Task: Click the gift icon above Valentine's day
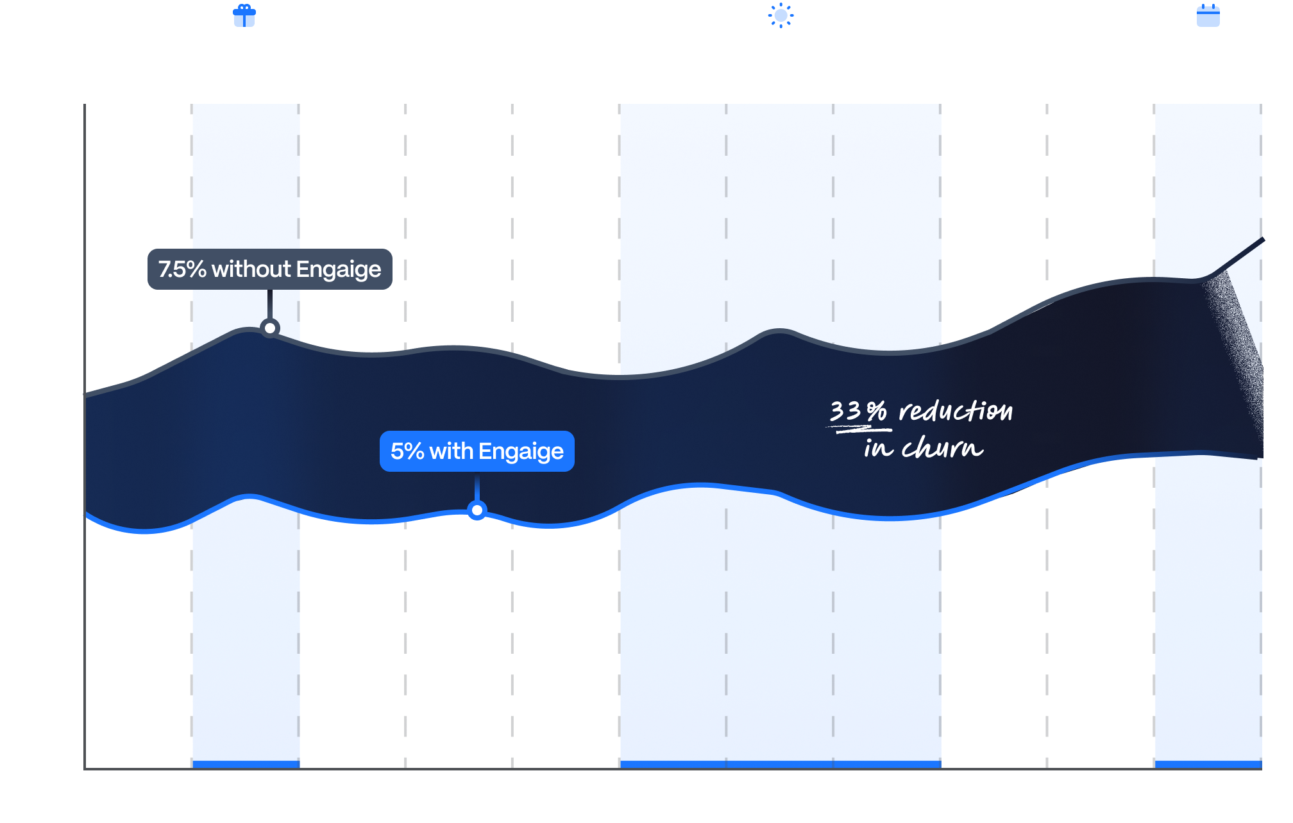[x=244, y=15]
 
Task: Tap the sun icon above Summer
[x=781, y=15]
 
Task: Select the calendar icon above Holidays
[x=1208, y=15]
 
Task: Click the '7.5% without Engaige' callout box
[x=269, y=269]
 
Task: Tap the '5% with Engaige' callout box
[x=477, y=451]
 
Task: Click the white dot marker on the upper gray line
[x=270, y=328]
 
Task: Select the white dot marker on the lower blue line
[x=477, y=510]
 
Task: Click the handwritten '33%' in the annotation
[x=858, y=411]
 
